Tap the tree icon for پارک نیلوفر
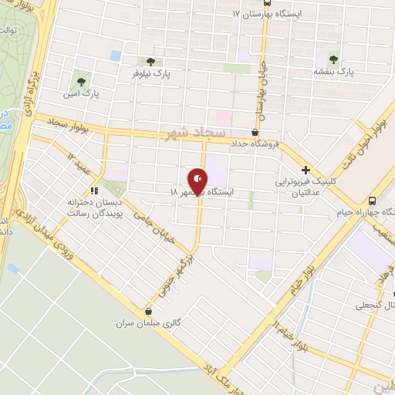(150, 61)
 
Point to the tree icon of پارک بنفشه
(334, 58)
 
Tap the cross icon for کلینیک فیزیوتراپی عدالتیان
(306, 170)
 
